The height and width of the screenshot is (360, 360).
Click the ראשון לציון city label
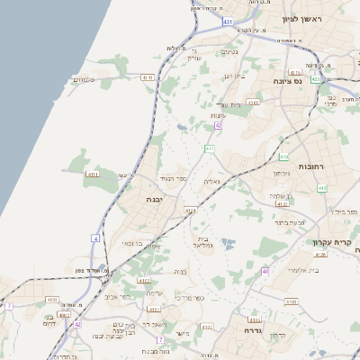[x=301, y=18]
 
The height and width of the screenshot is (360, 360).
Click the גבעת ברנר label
[x=290, y=220]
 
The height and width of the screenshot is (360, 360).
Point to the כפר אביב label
[x=117, y=296]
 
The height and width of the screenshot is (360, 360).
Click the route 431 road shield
[x=229, y=20]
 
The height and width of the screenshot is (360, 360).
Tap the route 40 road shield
[x=265, y=270]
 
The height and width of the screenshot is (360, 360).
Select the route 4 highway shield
[x=94, y=238]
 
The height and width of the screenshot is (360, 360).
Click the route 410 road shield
[x=210, y=147]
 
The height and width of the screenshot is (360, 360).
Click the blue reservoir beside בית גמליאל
[x=229, y=243]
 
